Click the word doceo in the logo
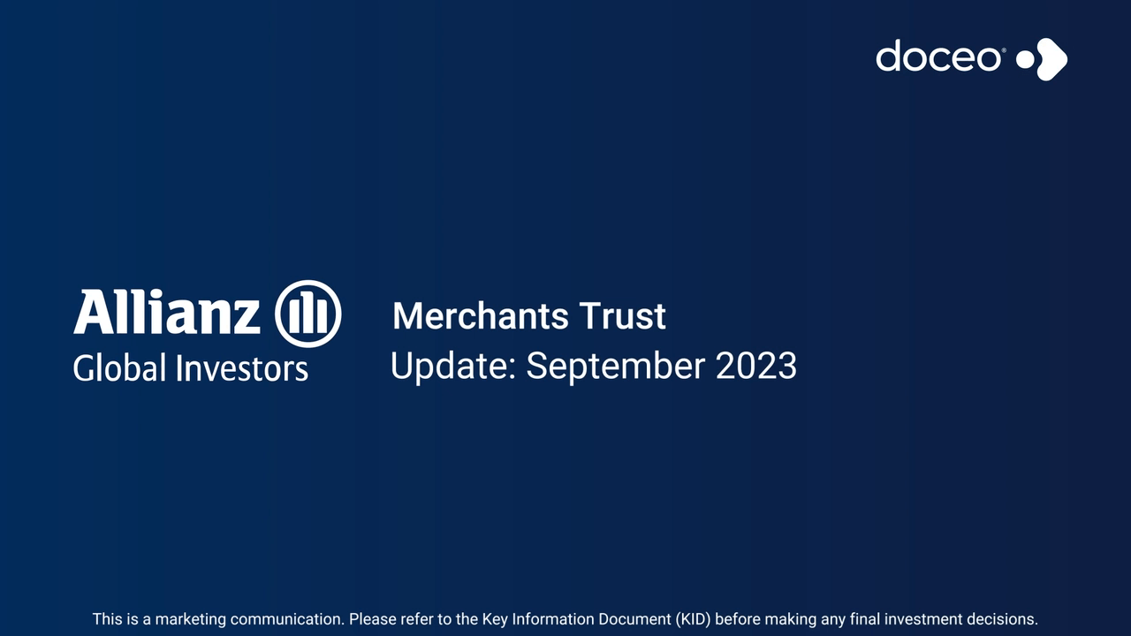(938, 56)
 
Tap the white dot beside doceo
(1025, 59)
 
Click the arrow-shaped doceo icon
(1051, 59)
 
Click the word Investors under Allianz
(242, 367)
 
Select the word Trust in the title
(623, 316)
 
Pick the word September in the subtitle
(616, 367)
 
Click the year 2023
(756, 366)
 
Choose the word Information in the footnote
(553, 619)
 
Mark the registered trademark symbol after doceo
(1003, 49)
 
